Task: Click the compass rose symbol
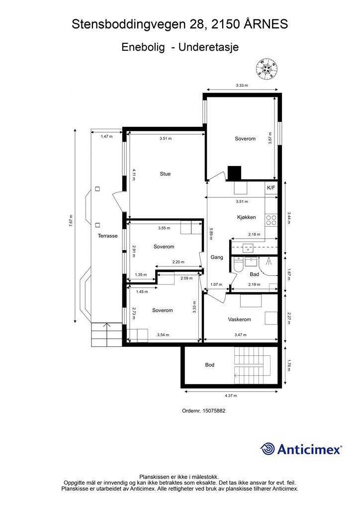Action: tap(266, 68)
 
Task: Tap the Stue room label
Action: tap(165, 174)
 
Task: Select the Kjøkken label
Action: tap(247, 218)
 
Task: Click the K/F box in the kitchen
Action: tap(271, 187)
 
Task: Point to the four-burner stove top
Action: tap(271, 220)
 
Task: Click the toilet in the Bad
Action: tap(238, 265)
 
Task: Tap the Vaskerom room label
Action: tap(239, 320)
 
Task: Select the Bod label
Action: tap(210, 365)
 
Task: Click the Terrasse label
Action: tap(108, 236)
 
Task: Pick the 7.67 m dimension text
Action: tap(71, 221)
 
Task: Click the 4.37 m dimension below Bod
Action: tap(231, 396)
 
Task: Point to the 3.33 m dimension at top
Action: tap(242, 85)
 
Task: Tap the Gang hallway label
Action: tap(216, 257)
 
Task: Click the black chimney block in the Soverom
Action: tap(234, 173)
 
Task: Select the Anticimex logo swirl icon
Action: tap(268, 449)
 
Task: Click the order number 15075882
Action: tap(214, 411)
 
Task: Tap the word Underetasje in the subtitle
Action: tap(209, 47)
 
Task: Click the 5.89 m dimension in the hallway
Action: tap(211, 233)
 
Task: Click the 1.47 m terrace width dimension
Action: tap(106, 136)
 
